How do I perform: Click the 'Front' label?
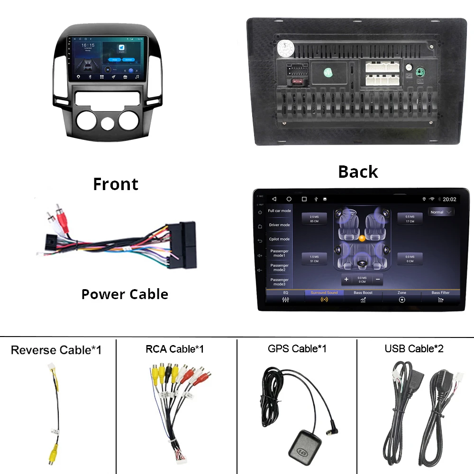tap(116, 184)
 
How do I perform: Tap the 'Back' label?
tap(358, 172)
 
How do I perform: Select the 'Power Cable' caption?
tap(125, 294)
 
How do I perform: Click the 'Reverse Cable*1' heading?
tap(56, 350)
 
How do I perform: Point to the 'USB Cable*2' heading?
tap(414, 349)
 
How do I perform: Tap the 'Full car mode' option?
tap(280, 211)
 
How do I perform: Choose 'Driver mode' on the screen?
tap(280, 225)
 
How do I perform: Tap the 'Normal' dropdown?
tap(441, 212)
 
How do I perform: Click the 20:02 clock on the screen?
tap(449, 200)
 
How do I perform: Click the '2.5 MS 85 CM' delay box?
tap(314, 219)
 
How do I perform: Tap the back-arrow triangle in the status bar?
tap(273, 199)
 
